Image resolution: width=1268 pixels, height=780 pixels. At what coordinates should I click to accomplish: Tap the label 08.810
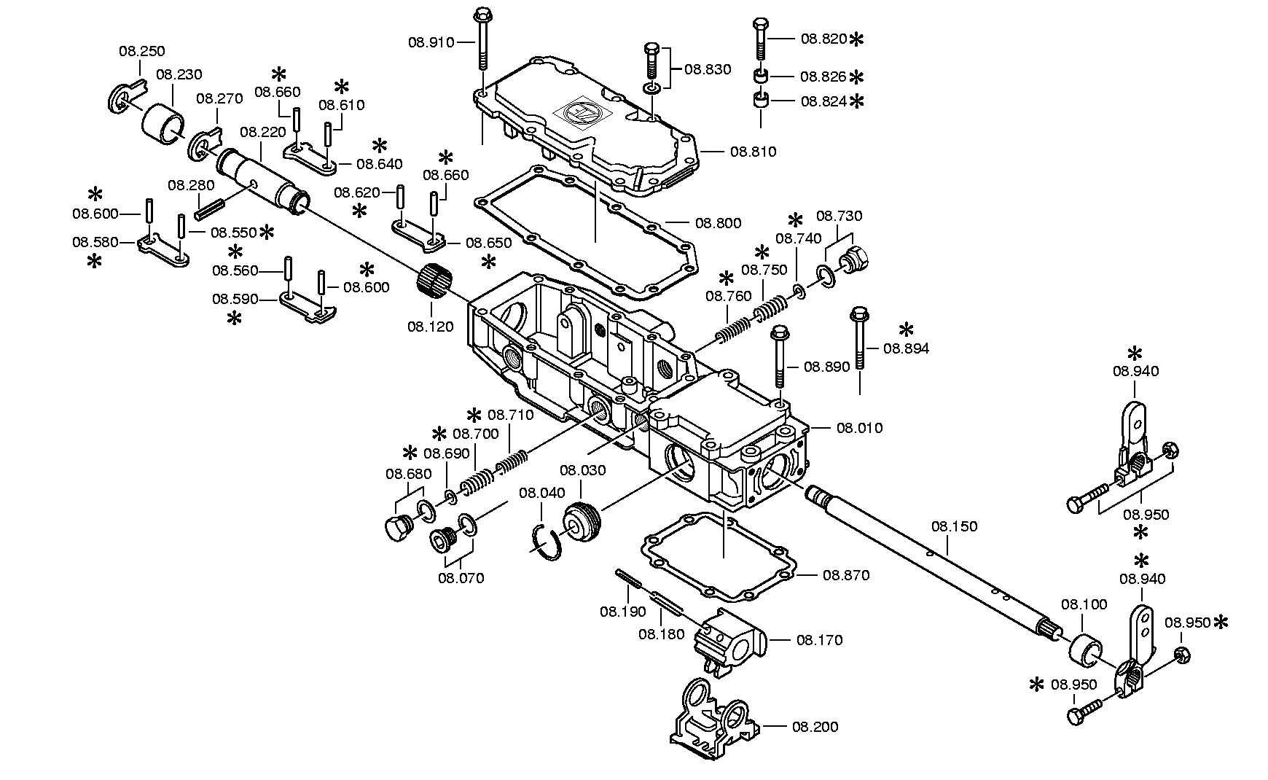point(754,152)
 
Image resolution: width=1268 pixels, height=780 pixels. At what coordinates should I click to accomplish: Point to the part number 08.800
point(718,223)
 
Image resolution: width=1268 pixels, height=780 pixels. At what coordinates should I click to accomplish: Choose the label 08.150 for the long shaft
point(955,526)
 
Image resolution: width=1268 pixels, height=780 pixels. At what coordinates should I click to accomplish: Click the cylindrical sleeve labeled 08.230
point(163,121)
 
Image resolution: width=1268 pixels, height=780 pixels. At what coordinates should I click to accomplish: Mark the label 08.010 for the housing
point(859,427)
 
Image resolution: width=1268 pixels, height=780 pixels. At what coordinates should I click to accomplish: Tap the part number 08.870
point(846,575)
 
